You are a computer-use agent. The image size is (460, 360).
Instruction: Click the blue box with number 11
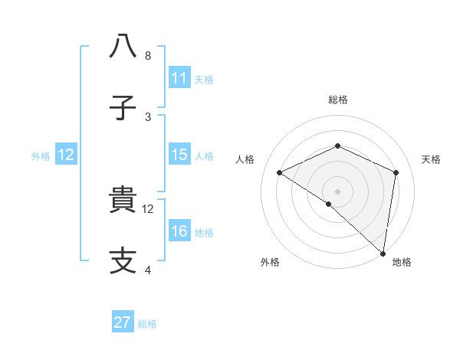(x=179, y=78)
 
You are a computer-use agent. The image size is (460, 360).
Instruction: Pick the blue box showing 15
(x=179, y=155)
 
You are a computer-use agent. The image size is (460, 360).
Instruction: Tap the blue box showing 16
(x=179, y=231)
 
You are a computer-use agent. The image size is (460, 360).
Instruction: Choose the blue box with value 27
(x=123, y=322)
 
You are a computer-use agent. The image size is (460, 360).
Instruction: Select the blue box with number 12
(x=66, y=155)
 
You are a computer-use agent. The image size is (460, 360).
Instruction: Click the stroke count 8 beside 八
(x=148, y=56)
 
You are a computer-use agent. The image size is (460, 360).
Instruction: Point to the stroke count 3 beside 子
(x=148, y=117)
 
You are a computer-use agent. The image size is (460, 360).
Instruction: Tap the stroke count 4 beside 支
(x=148, y=270)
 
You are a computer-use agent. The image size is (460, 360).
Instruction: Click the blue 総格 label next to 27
(x=147, y=324)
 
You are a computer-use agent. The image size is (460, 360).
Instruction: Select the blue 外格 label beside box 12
(x=41, y=156)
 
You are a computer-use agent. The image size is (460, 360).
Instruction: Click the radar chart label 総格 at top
(x=338, y=100)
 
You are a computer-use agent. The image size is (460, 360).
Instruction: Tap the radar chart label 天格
(x=432, y=159)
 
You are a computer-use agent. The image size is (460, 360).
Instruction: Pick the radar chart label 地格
(x=402, y=262)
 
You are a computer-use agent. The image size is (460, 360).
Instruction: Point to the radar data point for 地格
(x=383, y=253)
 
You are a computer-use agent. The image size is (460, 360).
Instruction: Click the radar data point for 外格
(x=329, y=204)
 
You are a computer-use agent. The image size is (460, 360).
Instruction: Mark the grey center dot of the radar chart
(x=338, y=191)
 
